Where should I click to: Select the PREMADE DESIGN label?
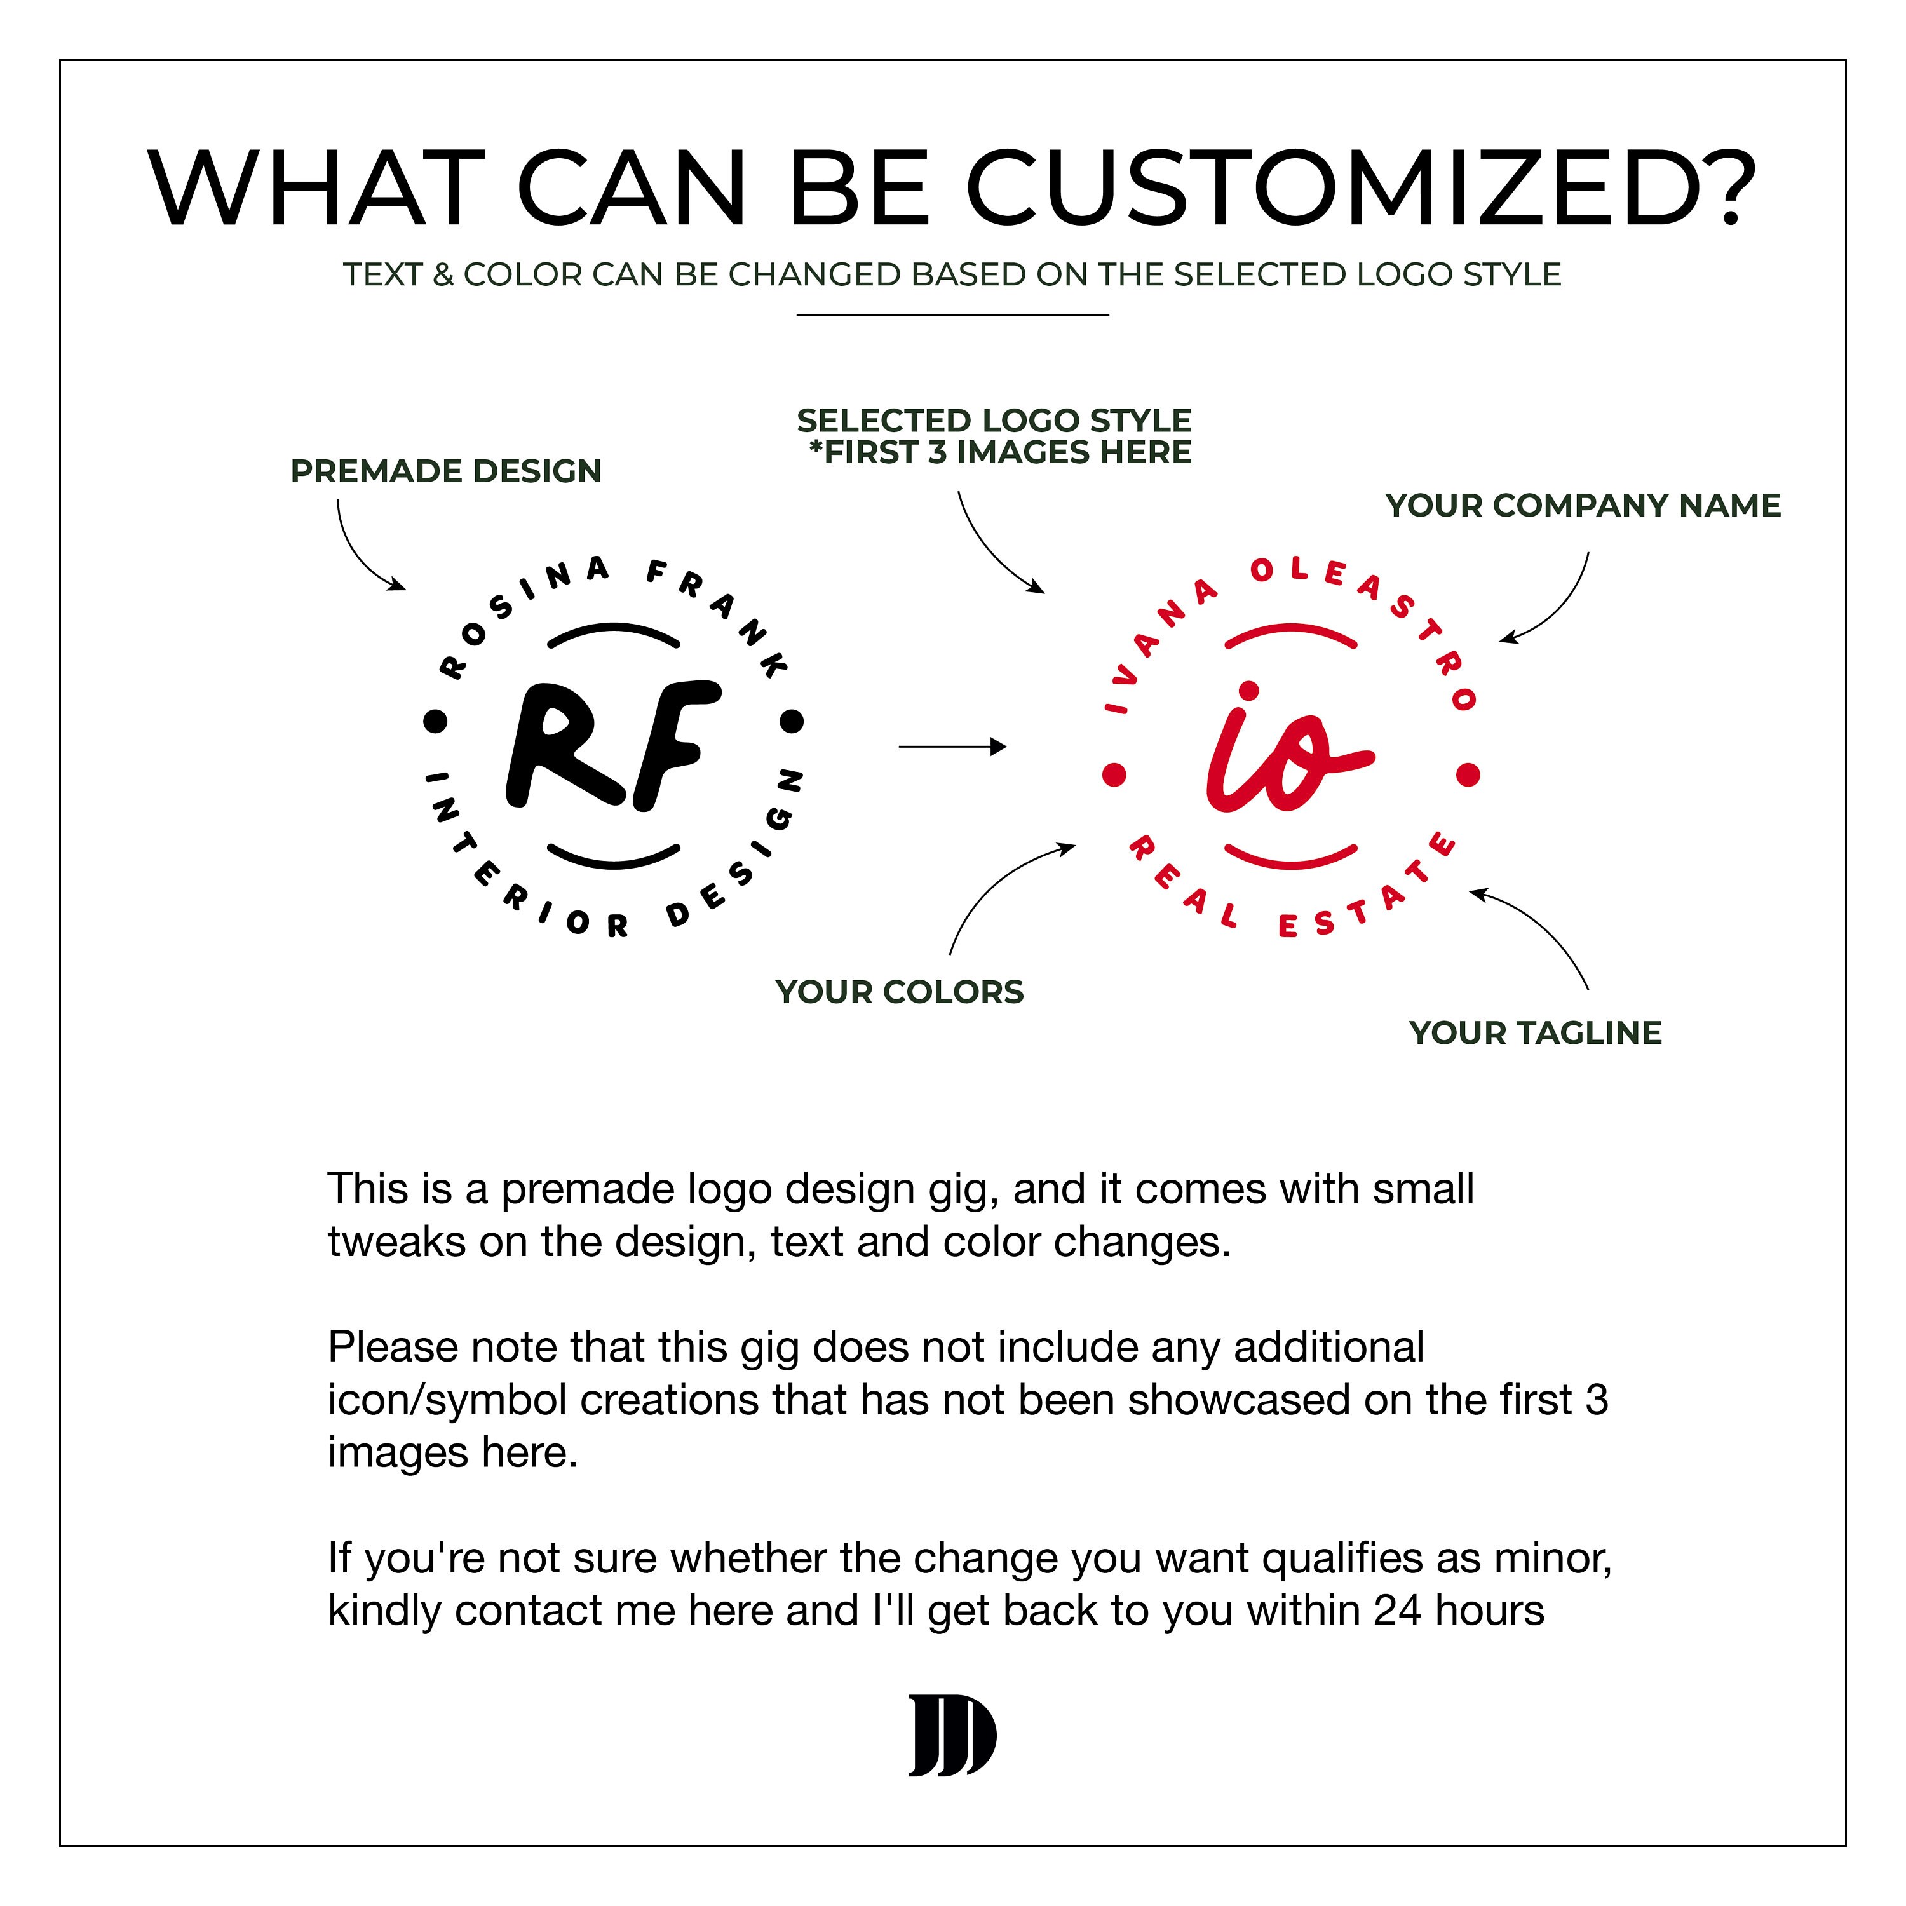(446, 471)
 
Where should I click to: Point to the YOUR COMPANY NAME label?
(1583, 505)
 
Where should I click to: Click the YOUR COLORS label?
(900, 992)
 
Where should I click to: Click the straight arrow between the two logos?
(952, 747)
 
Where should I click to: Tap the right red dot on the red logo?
(1468, 774)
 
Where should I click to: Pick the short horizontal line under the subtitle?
(953, 314)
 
